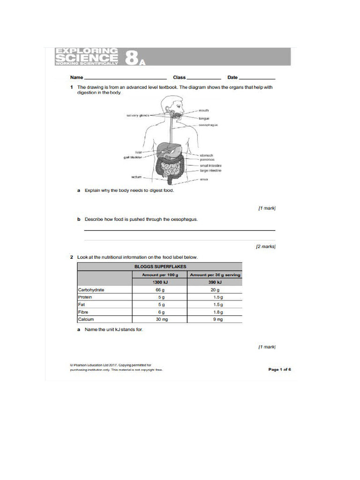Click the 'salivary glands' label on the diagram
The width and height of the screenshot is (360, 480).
(x=137, y=115)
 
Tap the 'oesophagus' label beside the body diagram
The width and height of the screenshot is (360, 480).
(x=208, y=125)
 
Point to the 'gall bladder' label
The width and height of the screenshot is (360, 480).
(x=133, y=157)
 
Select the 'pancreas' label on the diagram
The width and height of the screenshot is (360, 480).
(x=207, y=160)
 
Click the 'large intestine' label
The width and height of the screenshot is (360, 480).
(x=210, y=171)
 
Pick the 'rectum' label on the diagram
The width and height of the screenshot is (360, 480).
(x=136, y=177)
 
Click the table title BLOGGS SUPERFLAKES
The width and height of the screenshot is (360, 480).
(x=160, y=267)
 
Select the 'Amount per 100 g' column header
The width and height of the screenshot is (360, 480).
(x=160, y=275)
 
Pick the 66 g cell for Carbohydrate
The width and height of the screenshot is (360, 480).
(x=160, y=290)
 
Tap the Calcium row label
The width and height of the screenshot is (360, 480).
(x=86, y=319)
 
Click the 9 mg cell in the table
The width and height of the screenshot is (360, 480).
(x=215, y=319)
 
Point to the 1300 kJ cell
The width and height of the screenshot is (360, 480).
(x=160, y=282)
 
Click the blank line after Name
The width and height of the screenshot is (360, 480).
(x=125, y=78)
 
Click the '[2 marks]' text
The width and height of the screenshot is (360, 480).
(x=265, y=246)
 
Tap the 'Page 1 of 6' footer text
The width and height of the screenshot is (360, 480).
(x=279, y=369)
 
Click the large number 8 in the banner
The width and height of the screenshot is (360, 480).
(x=131, y=58)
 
